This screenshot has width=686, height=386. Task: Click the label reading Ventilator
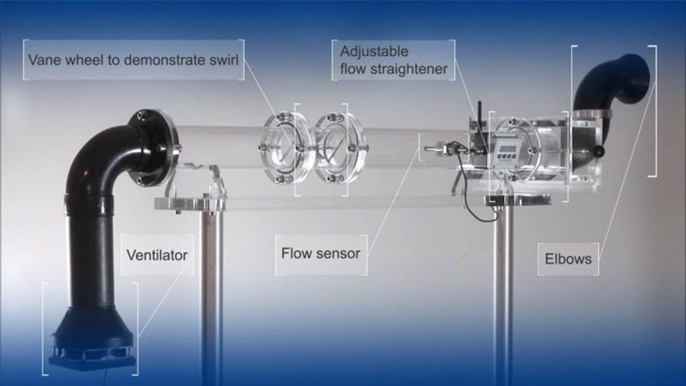click(156, 256)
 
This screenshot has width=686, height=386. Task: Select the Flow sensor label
click(320, 253)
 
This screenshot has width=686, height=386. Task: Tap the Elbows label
click(569, 260)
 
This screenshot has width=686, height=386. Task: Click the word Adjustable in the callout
click(374, 52)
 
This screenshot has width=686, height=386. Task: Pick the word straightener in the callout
click(414, 69)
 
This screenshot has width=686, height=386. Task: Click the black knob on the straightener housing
click(601, 150)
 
